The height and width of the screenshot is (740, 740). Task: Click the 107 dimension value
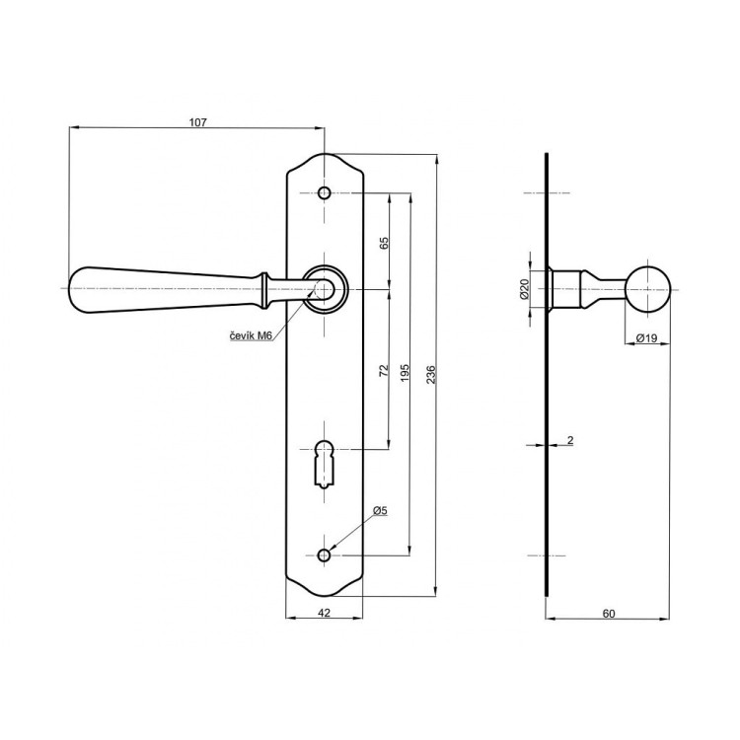[197, 122]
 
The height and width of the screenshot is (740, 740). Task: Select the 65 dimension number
[384, 243]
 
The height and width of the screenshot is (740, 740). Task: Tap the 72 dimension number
[384, 370]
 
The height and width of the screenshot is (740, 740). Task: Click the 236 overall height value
[431, 374]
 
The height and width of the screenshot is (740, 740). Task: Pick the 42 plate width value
[324, 613]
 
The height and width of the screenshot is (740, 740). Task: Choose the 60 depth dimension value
[609, 614]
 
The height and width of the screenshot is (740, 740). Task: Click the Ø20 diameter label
[524, 289]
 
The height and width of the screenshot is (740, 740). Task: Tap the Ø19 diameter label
[646, 337]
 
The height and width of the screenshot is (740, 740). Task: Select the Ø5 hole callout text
[380, 510]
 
